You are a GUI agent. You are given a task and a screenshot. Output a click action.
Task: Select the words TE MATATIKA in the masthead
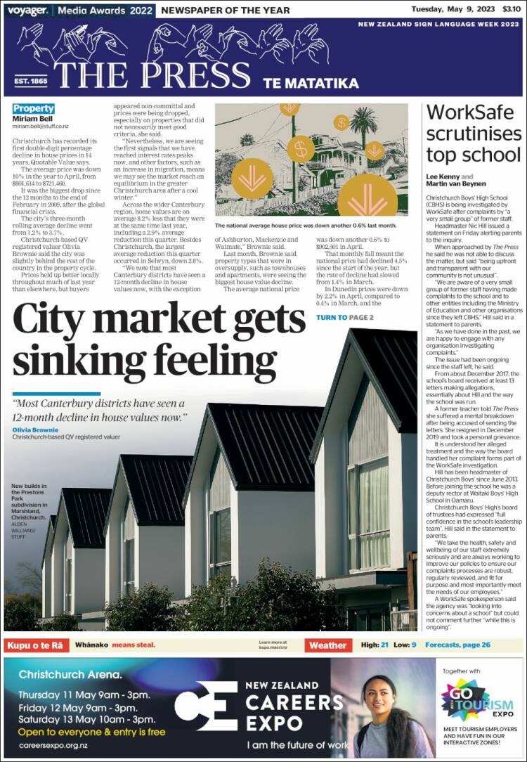[311, 83]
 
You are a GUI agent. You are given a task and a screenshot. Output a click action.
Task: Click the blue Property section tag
[33, 108]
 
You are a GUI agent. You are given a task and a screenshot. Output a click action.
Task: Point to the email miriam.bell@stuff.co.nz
[40, 127]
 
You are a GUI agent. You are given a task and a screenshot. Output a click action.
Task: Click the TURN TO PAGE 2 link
[344, 318]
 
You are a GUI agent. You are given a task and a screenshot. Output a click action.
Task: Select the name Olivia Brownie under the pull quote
[34, 429]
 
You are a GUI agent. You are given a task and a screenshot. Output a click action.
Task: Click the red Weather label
[327, 645]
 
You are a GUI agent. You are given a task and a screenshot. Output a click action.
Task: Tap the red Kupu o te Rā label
[37, 645]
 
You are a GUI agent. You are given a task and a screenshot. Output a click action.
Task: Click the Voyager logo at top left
[27, 10]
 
